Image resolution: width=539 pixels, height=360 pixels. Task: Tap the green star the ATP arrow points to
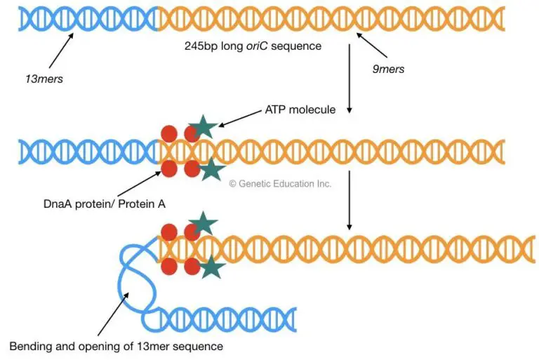click(204, 127)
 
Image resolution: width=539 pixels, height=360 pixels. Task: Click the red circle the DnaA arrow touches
click(169, 168)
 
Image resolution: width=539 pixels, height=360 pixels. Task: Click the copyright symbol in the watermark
click(234, 183)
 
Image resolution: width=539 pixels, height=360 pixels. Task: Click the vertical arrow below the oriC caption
click(350, 81)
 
